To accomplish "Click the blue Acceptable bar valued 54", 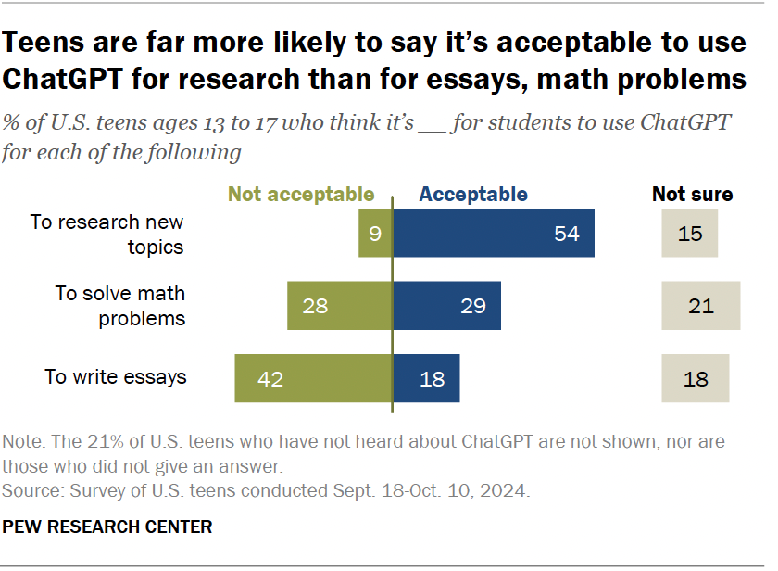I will tap(494, 234).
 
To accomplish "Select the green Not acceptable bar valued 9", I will tap(375, 234).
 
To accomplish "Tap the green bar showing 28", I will tap(339, 306).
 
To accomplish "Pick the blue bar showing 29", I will tap(446, 306).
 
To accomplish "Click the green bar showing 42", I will tap(313, 378).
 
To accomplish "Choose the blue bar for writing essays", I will tap(426, 378).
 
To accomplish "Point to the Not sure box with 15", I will tap(689, 234).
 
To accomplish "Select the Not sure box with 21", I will tap(700, 306).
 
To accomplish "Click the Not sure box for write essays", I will tap(695, 378).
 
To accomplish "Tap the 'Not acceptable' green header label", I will tap(301, 195).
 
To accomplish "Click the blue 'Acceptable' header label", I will tap(473, 195).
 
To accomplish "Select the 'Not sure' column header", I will tap(692, 195).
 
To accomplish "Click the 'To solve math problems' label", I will tap(119, 306).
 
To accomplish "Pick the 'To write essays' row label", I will tap(116, 377).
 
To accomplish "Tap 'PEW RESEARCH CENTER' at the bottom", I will tap(107, 527).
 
